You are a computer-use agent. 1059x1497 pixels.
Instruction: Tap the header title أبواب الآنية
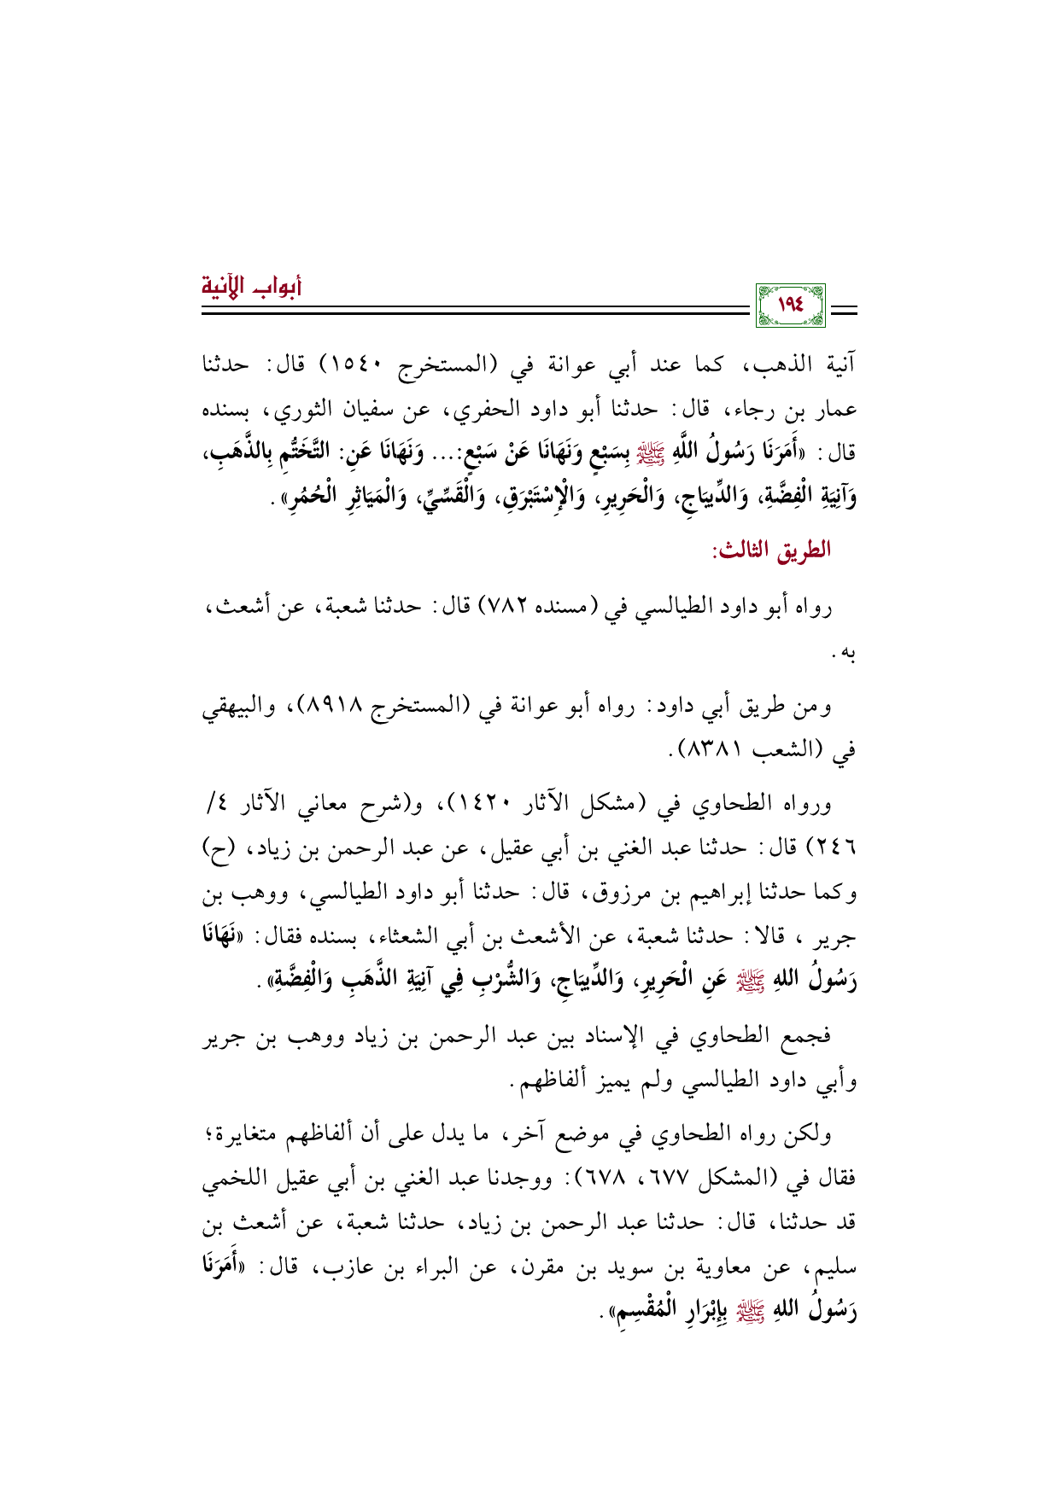point(253,284)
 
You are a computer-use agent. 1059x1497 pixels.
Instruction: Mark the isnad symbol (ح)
point(219,849)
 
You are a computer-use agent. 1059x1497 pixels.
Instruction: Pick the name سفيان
point(401,410)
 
